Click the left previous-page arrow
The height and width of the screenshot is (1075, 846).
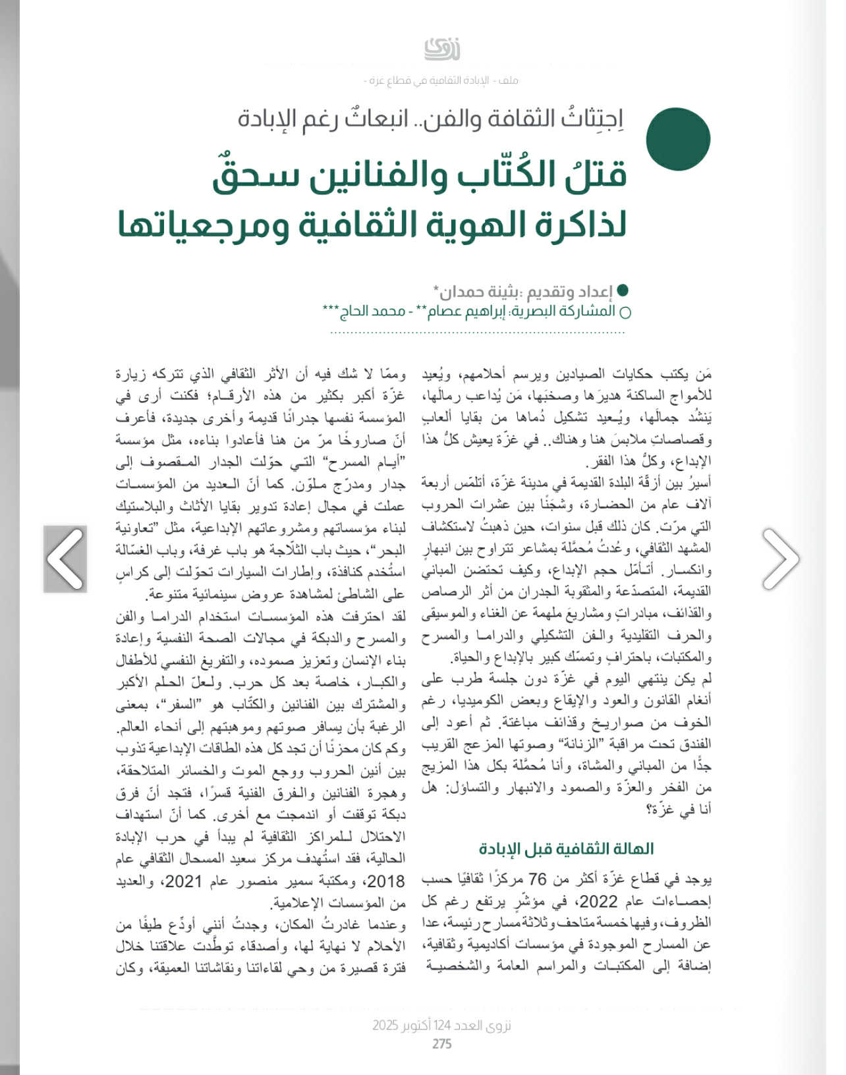(65, 559)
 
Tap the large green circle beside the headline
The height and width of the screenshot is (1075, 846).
(677, 139)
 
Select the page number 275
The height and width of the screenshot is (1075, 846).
(441, 1043)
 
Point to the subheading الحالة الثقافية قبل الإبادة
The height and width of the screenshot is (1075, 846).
(566, 848)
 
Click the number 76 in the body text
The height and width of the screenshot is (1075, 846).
(538, 879)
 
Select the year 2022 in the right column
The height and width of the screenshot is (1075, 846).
(598, 901)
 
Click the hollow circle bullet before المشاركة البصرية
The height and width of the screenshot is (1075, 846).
(625, 312)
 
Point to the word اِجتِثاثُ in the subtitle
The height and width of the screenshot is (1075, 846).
(592, 119)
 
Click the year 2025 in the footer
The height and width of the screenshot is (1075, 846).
(385, 1026)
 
